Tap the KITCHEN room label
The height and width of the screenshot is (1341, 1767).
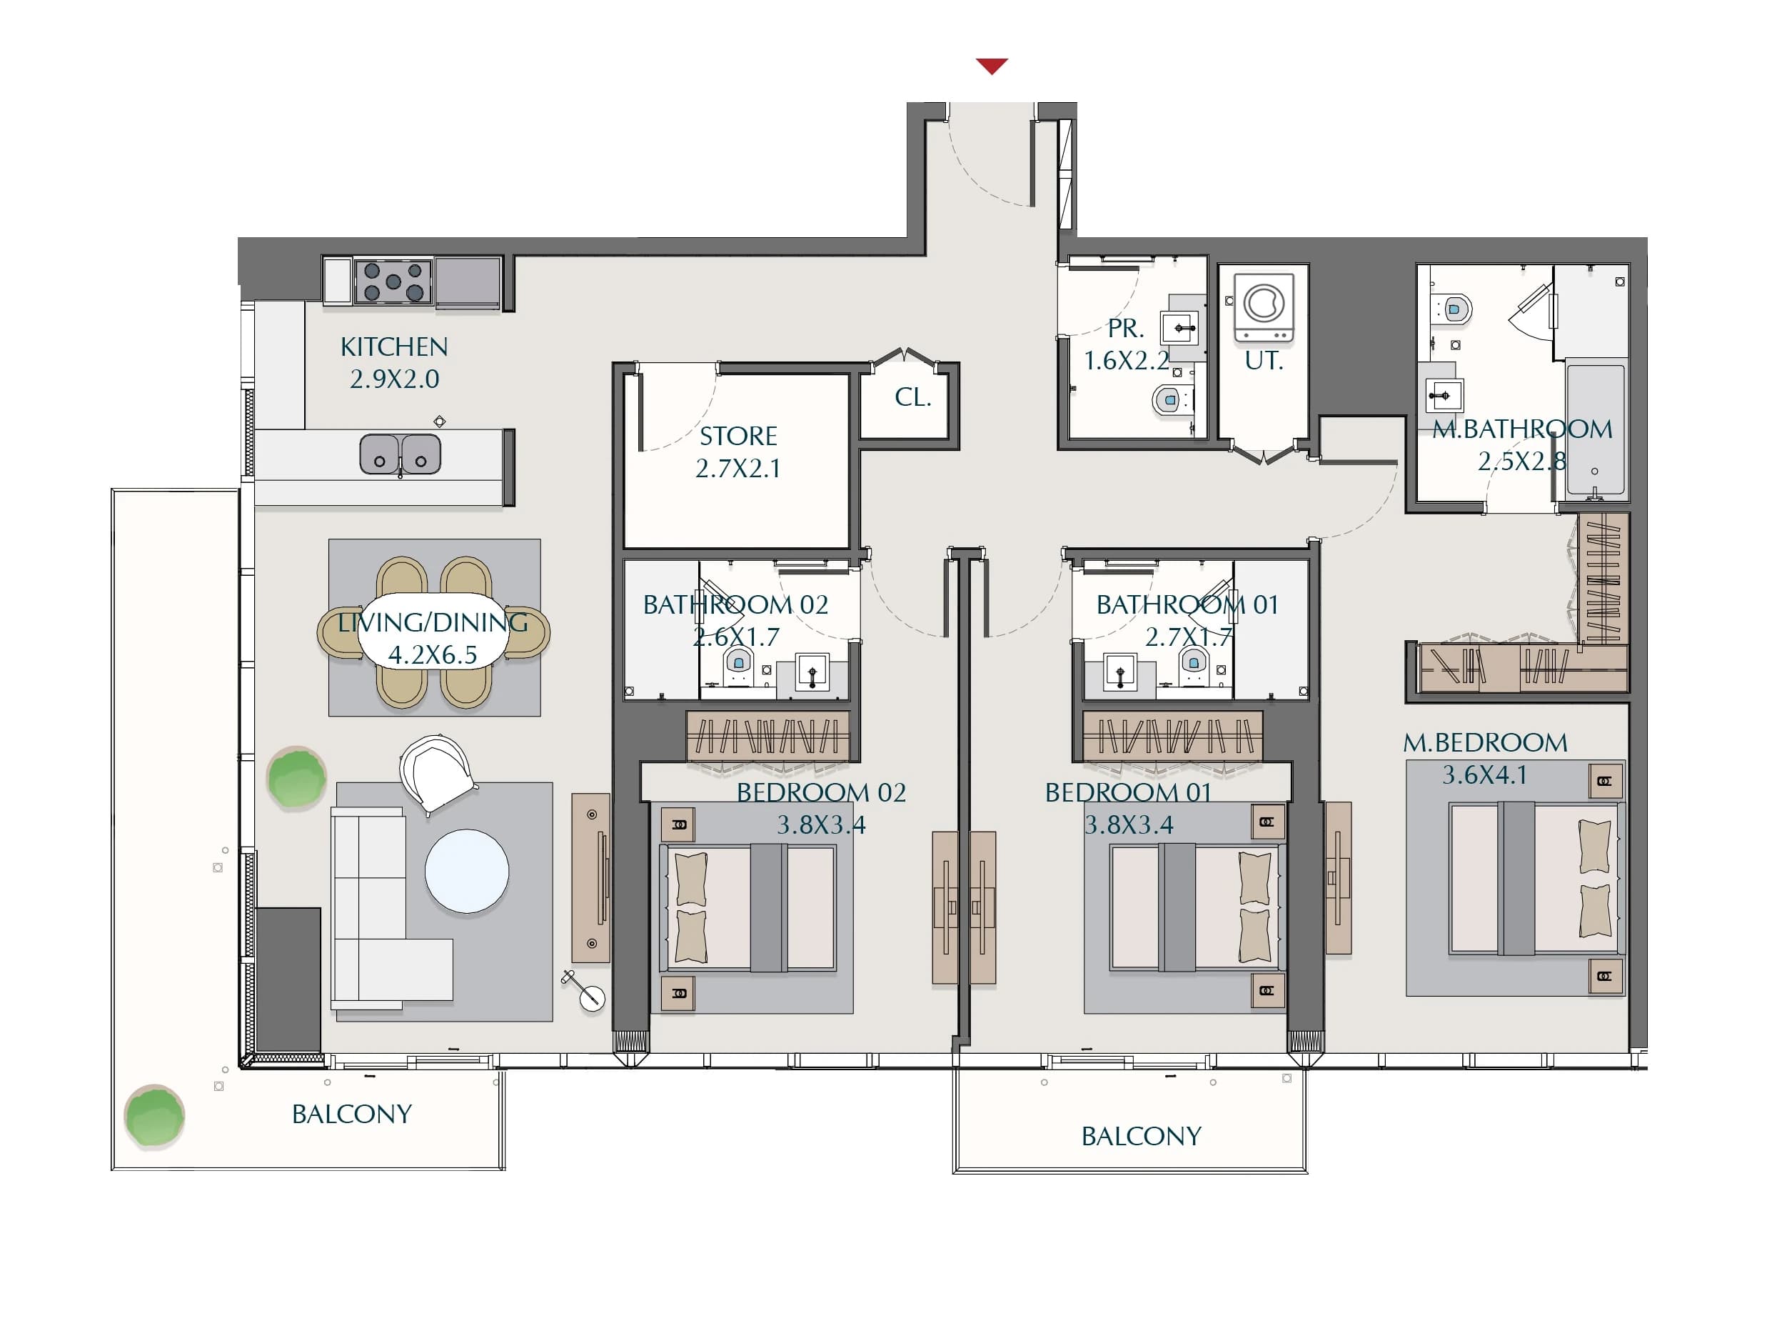394,347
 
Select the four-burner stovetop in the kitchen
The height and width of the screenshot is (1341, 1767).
393,281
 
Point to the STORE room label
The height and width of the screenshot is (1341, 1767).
738,437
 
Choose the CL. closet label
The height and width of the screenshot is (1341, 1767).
913,397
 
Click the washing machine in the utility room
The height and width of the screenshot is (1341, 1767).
1264,309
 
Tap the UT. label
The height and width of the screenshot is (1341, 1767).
1264,362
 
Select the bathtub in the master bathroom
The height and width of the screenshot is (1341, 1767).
1595,429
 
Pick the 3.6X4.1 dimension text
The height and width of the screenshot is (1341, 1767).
1484,774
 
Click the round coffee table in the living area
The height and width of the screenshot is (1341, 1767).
466,871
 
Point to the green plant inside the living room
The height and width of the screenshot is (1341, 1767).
296,777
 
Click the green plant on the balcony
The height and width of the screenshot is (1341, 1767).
154,1116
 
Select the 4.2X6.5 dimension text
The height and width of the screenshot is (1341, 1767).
432,655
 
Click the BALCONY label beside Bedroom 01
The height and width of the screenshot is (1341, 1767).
1141,1137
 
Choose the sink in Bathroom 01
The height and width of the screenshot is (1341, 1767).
1120,672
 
